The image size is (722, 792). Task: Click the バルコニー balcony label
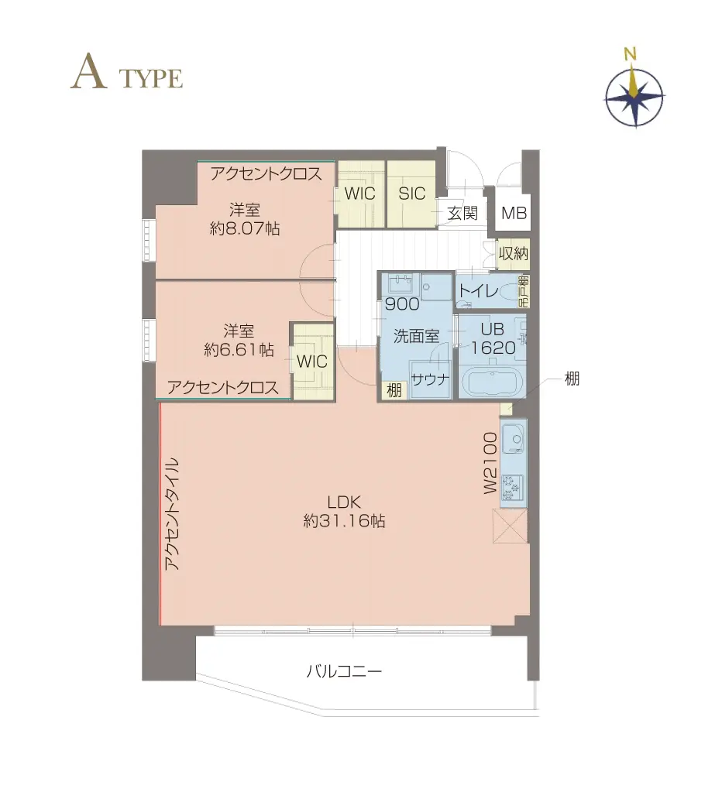pyautogui.click(x=344, y=671)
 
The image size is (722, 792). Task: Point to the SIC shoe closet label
pyautogui.click(x=412, y=194)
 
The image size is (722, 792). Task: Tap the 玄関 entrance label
pyautogui.click(x=462, y=214)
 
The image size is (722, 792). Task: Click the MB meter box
pyautogui.click(x=514, y=214)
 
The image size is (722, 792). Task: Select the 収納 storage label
pyautogui.click(x=514, y=254)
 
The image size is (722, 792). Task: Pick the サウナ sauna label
pyautogui.click(x=428, y=379)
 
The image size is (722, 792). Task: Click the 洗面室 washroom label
pyautogui.click(x=416, y=336)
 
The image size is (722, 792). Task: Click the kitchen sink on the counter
pyautogui.click(x=513, y=441)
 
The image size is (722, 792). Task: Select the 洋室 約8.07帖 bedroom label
pyautogui.click(x=244, y=218)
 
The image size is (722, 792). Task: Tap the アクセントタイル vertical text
pyautogui.click(x=172, y=514)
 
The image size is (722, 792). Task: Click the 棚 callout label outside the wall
pyautogui.click(x=572, y=379)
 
